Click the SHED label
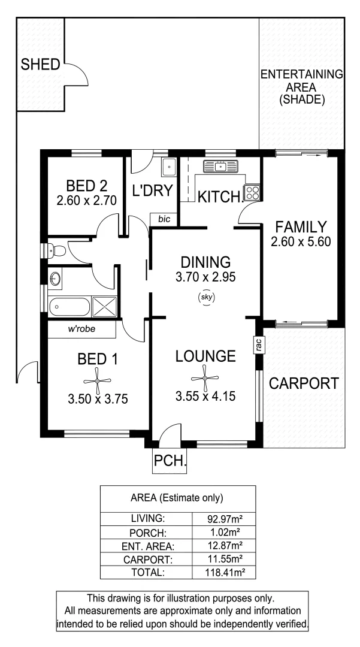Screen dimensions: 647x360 tap(40, 65)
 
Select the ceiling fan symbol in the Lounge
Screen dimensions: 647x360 tap(204, 378)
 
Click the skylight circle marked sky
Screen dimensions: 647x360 tap(205, 297)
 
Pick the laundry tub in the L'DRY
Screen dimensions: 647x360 tap(168, 167)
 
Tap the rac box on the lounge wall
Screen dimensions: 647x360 tap(258, 344)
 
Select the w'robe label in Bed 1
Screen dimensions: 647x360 tap(83, 329)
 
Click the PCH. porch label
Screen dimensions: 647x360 tap(171, 462)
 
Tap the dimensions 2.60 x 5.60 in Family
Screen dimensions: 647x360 tap(301, 243)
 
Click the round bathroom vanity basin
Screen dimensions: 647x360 tap(55, 278)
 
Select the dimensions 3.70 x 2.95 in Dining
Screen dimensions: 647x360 tap(205, 277)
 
